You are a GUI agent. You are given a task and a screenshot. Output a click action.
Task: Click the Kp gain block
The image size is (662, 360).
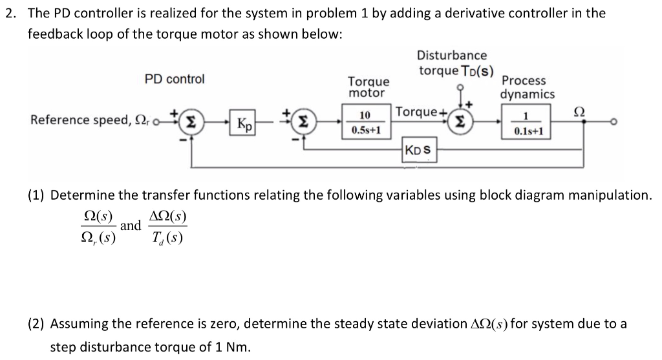[245, 124]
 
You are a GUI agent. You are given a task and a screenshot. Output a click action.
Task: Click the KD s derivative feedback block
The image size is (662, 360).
[420, 152]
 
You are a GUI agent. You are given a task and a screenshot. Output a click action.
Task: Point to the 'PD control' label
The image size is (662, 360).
[174, 79]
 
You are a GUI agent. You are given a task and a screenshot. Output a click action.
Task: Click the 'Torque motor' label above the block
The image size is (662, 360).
[368, 87]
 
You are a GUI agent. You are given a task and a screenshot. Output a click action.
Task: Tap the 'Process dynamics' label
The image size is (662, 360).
[527, 87]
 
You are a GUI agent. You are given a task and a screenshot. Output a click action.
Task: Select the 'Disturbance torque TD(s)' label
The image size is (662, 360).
[453, 63]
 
